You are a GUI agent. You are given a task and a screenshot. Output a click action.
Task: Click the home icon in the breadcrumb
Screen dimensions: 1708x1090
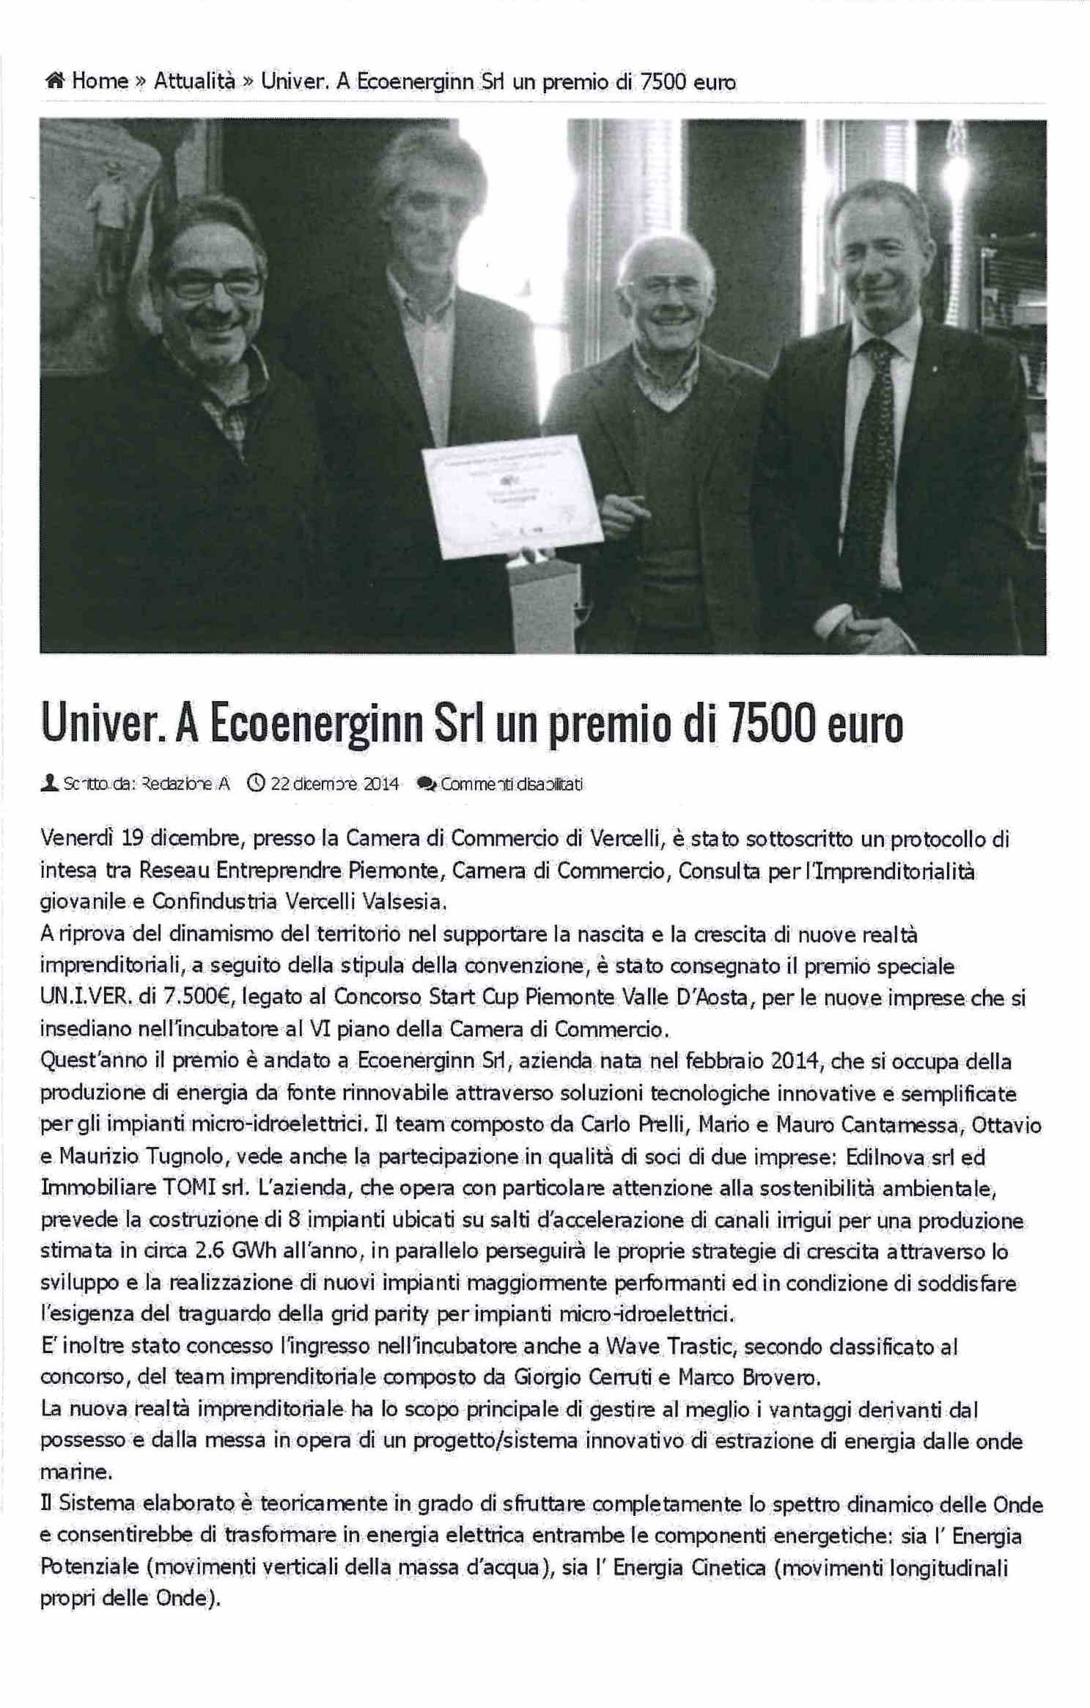pos(55,81)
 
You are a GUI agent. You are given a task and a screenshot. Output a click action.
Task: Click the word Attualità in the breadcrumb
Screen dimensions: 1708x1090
pos(194,81)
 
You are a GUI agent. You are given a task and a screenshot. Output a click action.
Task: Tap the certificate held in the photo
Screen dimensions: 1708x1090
pos(512,496)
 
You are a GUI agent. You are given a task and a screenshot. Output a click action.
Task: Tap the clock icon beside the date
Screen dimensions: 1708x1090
pos(256,783)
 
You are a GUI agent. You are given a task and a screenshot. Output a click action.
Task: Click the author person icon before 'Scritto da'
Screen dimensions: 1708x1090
pos(49,783)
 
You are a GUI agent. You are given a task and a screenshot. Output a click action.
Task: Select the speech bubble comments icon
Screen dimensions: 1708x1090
pos(425,783)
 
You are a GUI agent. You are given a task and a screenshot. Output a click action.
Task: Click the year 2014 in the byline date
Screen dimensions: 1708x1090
pos(381,784)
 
